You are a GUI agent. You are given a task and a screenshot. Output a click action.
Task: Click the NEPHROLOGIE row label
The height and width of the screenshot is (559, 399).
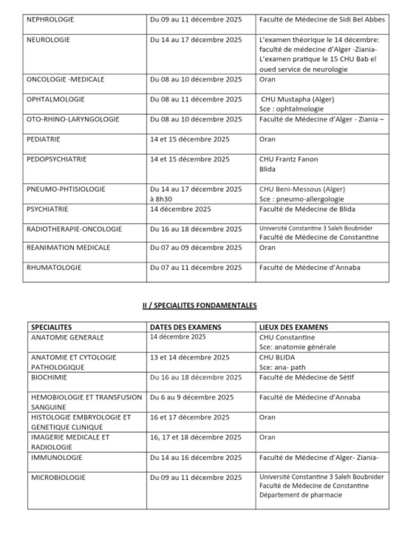50,20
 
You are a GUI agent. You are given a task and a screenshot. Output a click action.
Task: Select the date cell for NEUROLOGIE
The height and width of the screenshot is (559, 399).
196,40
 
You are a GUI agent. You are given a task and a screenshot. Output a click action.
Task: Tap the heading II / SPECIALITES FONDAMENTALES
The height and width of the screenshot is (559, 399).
199,305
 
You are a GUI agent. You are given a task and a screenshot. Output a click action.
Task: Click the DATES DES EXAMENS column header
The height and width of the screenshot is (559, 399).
185,327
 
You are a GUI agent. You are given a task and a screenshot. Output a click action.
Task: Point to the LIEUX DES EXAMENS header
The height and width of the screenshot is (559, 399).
293,327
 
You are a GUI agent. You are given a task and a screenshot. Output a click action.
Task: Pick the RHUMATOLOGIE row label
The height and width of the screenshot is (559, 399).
54,268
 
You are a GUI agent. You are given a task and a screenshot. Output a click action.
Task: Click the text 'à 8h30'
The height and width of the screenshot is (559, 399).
161,199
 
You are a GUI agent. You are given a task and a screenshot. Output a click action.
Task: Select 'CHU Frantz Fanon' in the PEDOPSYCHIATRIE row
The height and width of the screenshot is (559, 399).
289,159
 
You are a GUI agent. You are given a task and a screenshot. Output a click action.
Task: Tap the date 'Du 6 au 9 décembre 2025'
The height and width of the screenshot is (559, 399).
192,397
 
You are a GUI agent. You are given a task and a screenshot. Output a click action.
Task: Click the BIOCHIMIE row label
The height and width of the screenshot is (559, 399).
49,377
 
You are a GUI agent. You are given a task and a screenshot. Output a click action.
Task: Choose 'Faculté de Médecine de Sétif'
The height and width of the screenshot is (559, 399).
307,377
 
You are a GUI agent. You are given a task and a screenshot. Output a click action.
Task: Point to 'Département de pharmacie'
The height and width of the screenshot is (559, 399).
301,495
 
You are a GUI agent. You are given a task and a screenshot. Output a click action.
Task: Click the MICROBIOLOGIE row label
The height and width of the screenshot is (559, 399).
58,478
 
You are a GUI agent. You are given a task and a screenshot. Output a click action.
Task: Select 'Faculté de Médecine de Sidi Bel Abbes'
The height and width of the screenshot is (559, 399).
322,20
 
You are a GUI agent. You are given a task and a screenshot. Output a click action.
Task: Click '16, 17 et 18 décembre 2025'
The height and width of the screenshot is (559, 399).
196,437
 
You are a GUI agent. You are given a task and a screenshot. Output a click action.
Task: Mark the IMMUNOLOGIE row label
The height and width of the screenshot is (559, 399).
57,458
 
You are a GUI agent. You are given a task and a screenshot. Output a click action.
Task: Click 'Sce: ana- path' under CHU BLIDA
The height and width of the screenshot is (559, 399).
282,367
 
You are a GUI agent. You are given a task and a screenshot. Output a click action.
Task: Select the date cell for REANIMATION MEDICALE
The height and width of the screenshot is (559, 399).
196,248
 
